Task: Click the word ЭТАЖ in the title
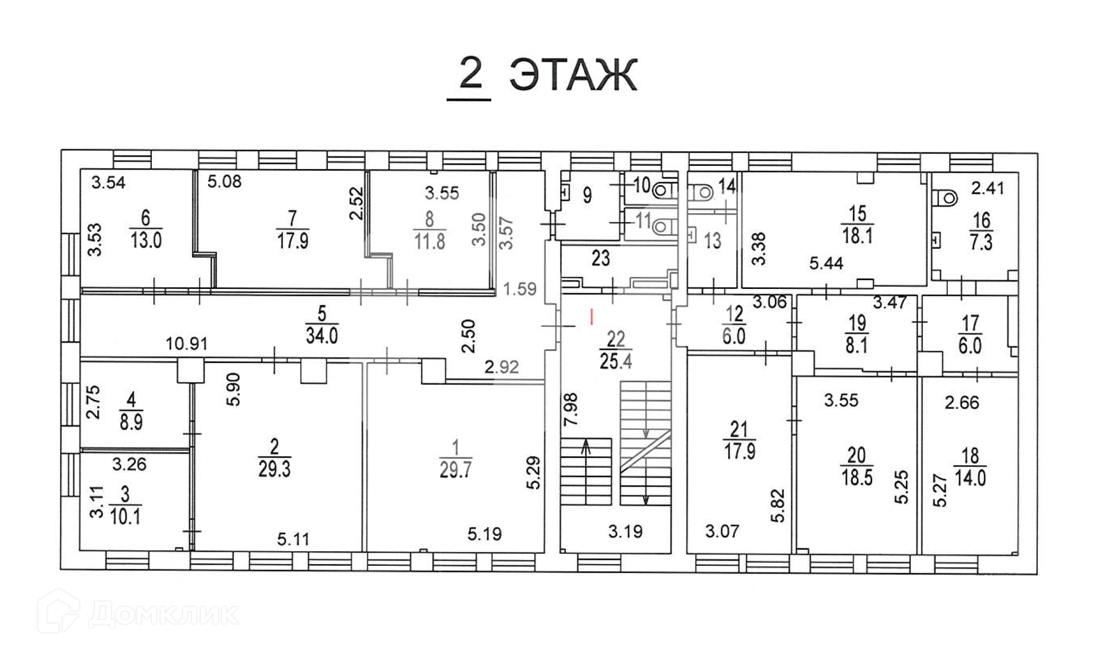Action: [573, 75]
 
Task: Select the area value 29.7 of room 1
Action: [455, 470]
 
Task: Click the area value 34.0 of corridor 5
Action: [321, 336]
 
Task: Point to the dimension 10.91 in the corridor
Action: [186, 344]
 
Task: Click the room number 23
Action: [600, 258]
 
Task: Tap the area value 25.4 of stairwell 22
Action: [616, 361]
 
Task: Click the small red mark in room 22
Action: [592, 315]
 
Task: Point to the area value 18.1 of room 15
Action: [857, 235]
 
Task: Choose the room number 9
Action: [587, 195]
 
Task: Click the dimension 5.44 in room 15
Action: [826, 264]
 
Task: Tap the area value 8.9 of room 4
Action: [131, 422]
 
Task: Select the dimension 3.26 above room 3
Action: [129, 464]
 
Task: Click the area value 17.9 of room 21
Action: [739, 451]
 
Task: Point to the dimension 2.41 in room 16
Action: [988, 188]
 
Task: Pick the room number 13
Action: [712, 241]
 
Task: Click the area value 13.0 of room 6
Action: [145, 240]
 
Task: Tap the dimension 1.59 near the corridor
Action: [520, 289]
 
